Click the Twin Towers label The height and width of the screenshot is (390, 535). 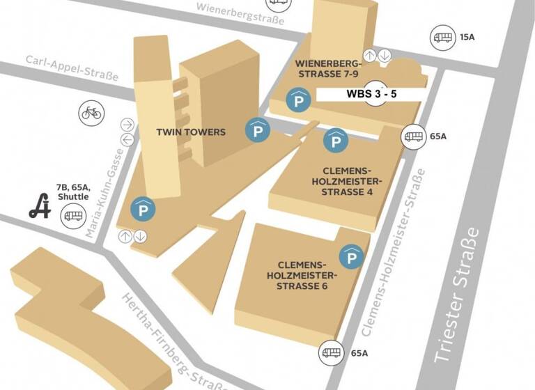click(x=191, y=132)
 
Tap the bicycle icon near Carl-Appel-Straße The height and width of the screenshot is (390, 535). click(x=91, y=113)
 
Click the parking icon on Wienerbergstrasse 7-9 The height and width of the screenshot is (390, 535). click(x=299, y=101)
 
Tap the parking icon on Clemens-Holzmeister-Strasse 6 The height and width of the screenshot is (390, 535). click(x=351, y=258)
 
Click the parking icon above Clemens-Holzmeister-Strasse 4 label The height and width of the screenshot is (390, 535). click(x=336, y=141)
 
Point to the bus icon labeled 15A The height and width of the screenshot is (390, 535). click(x=443, y=36)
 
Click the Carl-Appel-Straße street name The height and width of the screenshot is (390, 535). click(x=72, y=68)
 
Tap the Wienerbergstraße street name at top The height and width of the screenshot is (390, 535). click(x=241, y=13)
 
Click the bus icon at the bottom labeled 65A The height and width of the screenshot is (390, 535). click(x=330, y=353)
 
